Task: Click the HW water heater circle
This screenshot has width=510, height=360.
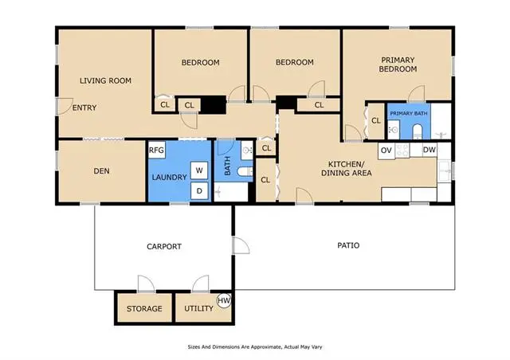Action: [224, 300]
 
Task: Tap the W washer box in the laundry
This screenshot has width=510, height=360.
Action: [199, 170]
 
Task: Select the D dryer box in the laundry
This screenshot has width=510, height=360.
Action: [199, 190]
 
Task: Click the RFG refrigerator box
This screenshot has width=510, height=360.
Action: [157, 150]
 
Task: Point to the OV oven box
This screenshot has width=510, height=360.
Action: [386, 151]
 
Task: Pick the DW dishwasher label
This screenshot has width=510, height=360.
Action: [429, 150]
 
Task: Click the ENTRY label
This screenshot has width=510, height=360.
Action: [84, 108]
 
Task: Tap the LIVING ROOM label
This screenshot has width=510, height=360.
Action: [105, 80]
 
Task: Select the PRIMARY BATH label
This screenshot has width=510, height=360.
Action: [409, 114]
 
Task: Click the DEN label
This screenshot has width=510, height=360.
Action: [101, 171]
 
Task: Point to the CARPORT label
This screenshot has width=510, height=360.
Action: [164, 246]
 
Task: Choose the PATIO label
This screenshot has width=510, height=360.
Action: [348, 245]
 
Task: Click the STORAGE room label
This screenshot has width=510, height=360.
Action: [144, 308]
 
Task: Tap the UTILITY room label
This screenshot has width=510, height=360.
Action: [198, 308]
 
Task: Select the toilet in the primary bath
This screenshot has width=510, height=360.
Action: [417, 131]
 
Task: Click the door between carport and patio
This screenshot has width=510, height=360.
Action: [241, 245]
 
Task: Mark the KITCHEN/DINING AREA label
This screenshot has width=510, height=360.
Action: [347, 169]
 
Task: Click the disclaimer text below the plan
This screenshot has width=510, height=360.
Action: [255, 347]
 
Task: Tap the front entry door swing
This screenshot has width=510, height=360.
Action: [65, 106]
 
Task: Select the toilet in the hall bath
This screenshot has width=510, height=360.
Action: [245, 171]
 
